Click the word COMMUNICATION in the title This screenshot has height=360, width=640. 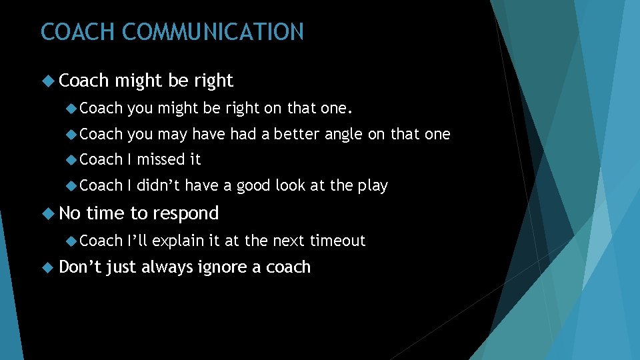(213, 32)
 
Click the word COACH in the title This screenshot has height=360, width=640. (79, 32)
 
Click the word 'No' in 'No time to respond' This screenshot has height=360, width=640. (70, 214)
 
